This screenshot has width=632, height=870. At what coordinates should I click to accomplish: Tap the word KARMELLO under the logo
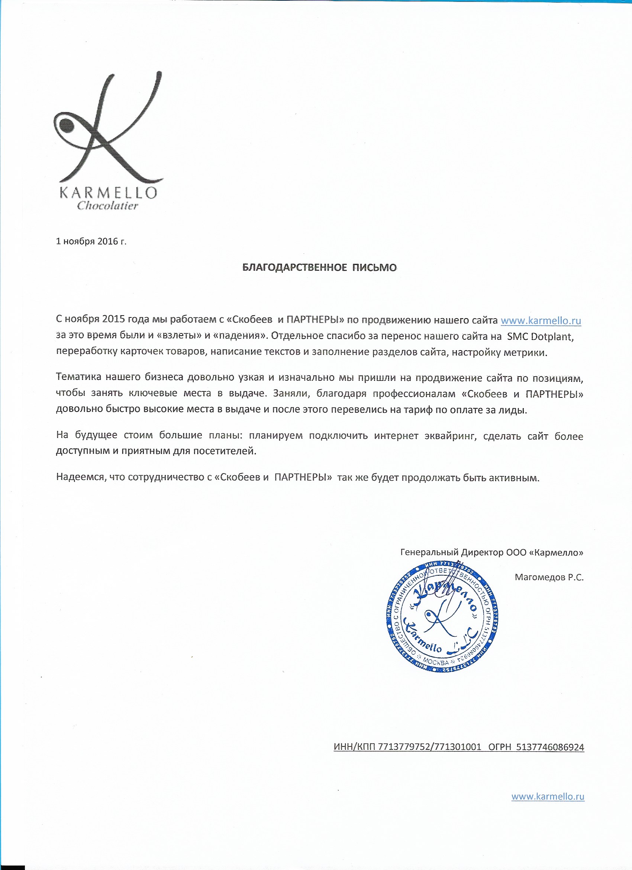tap(109, 192)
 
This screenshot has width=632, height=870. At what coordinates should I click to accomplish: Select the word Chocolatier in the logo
tap(107, 206)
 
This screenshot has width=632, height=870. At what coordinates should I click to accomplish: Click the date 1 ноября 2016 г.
tap(91, 241)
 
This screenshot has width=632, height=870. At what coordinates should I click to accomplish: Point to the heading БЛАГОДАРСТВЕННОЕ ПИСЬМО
tap(320, 268)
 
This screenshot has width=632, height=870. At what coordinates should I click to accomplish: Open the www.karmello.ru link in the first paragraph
tap(541, 320)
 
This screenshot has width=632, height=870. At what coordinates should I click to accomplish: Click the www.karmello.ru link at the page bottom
tap(548, 796)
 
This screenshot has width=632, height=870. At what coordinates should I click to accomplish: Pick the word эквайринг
tap(451, 436)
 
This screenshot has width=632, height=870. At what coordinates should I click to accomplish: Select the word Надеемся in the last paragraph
tap(80, 477)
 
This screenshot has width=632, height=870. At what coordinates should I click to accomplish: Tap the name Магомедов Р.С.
tap(549, 577)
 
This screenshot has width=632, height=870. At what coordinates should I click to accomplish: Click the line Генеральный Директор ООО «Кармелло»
tap(491, 552)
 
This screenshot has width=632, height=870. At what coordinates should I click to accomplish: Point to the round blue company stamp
tap(442, 617)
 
